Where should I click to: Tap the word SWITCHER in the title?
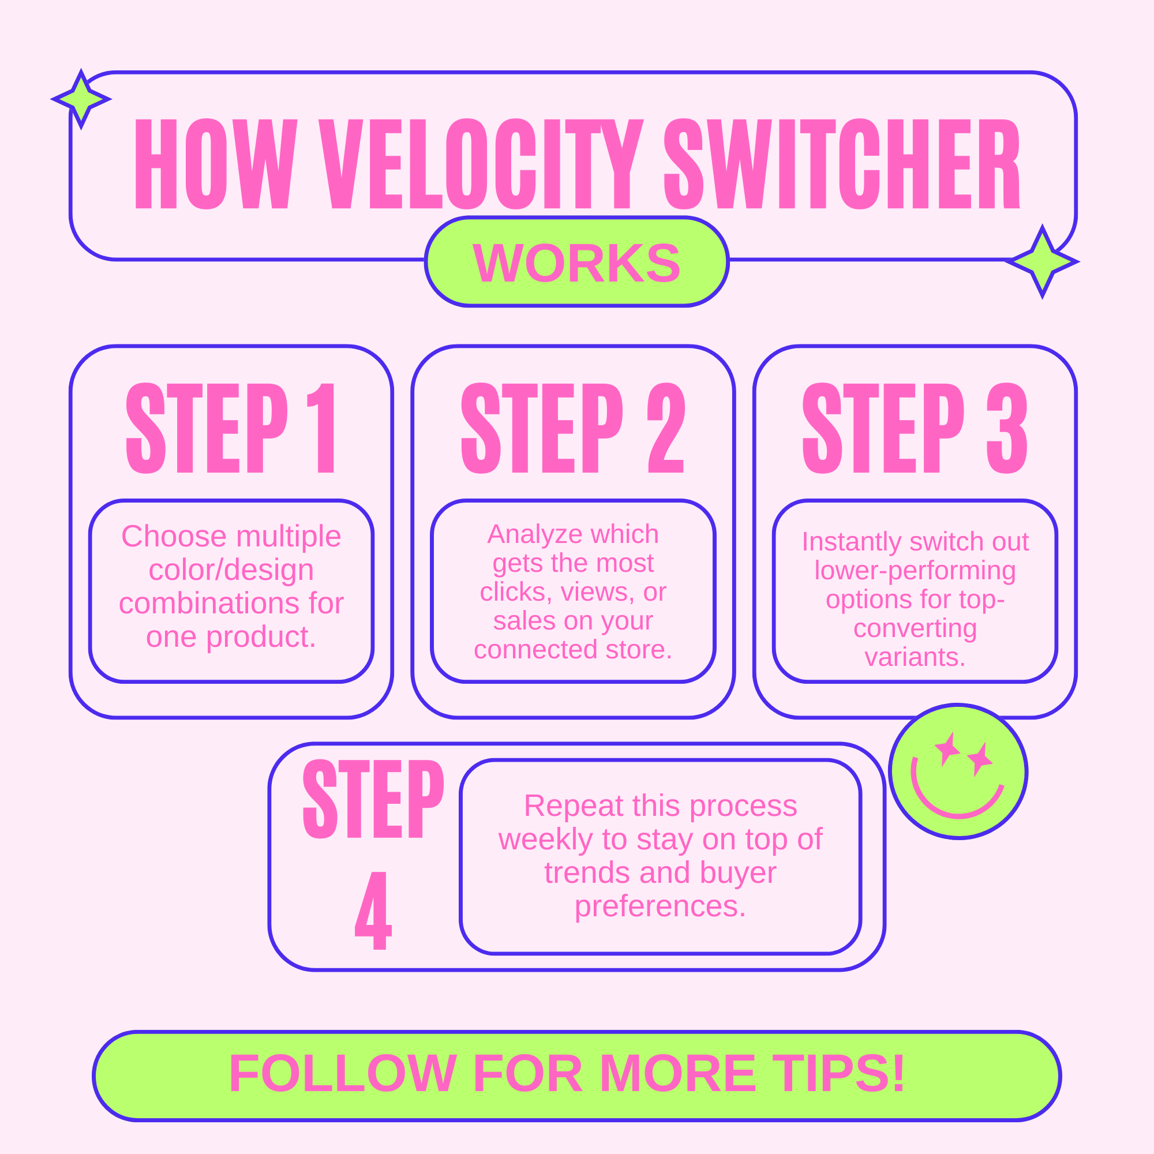click(x=842, y=164)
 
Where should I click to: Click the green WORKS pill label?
click(x=576, y=262)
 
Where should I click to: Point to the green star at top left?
click(x=81, y=99)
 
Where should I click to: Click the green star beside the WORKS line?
click(x=1042, y=261)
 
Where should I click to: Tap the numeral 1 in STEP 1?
click(x=323, y=428)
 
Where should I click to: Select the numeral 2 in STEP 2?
click(x=666, y=428)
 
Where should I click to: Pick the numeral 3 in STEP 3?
click(x=1007, y=428)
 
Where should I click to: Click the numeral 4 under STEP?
click(x=374, y=911)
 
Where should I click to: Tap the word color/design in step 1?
click(x=231, y=569)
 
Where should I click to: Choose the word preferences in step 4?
click(x=660, y=906)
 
